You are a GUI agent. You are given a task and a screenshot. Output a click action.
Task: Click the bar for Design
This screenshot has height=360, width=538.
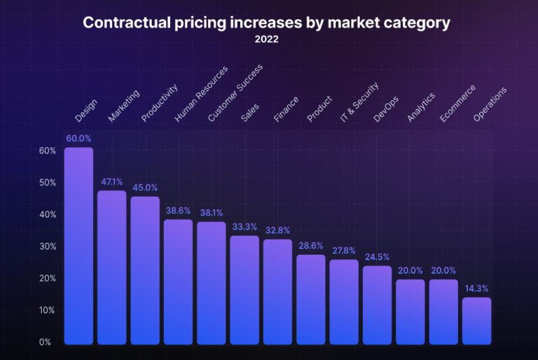pyautogui.click(x=78, y=246)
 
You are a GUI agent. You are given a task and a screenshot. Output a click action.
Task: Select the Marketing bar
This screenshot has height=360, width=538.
pyautogui.click(x=111, y=268)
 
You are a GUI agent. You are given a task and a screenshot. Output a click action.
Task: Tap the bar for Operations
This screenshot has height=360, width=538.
pyautogui.click(x=476, y=321)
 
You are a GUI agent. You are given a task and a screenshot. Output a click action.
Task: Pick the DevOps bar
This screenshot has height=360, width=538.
pyautogui.click(x=377, y=305)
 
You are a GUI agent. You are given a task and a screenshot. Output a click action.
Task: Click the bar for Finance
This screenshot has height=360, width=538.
pyautogui.click(x=277, y=291)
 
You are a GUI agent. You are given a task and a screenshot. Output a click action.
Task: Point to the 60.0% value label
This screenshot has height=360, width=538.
pyautogui.click(x=78, y=139)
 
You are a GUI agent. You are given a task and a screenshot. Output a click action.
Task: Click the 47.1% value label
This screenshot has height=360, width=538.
pyautogui.click(x=111, y=181)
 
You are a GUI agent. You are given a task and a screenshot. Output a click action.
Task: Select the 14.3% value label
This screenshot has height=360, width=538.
pyautogui.click(x=476, y=288)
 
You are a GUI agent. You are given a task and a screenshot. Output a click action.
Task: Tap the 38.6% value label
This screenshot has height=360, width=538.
pyautogui.click(x=178, y=210)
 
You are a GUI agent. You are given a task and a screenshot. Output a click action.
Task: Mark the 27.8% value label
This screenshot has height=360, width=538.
pyautogui.click(x=344, y=250)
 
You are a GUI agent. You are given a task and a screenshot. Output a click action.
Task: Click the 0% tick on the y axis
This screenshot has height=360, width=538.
pyautogui.click(x=45, y=342)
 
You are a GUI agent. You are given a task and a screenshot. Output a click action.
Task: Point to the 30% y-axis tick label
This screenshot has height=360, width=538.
pyautogui.click(x=47, y=247)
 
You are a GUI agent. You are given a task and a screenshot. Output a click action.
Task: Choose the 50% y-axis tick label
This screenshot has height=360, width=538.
pyautogui.click(x=47, y=183)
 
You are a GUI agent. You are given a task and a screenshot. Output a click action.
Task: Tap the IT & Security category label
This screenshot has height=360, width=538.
pyautogui.click(x=359, y=103)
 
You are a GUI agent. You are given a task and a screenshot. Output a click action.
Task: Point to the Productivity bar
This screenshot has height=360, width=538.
pyautogui.click(x=145, y=270)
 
